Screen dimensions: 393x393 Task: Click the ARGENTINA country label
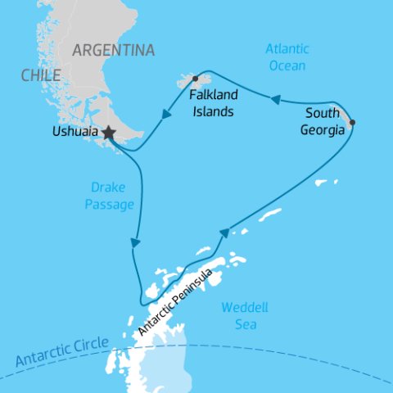tap(113, 51)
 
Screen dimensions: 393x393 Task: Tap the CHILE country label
tap(41, 76)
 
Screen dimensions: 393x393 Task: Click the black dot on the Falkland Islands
tap(195, 79)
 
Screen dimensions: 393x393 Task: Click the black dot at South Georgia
tap(352, 123)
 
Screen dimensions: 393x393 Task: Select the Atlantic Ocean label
tap(286, 57)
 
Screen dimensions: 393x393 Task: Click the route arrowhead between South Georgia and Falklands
tap(276, 100)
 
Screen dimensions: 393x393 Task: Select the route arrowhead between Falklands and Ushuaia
tap(167, 115)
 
